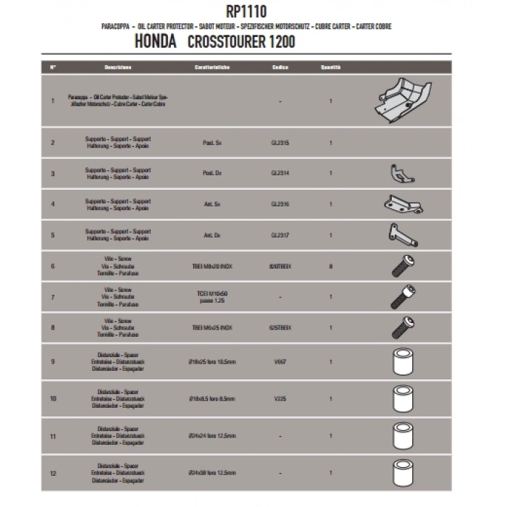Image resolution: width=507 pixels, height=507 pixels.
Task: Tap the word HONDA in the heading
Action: pos(156,43)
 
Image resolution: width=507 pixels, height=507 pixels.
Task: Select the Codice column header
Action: pos(280,67)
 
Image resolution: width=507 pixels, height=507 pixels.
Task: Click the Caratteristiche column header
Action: pos(212,67)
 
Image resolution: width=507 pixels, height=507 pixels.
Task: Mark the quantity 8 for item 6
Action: pos(330,267)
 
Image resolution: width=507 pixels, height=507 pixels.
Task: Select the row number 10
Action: pos(53,398)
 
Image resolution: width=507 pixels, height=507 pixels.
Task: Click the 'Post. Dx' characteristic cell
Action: pos(212,174)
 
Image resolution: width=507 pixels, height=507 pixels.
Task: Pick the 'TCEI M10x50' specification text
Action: pos(212,293)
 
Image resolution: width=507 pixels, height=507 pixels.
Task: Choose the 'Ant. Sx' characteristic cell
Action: pos(212,205)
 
